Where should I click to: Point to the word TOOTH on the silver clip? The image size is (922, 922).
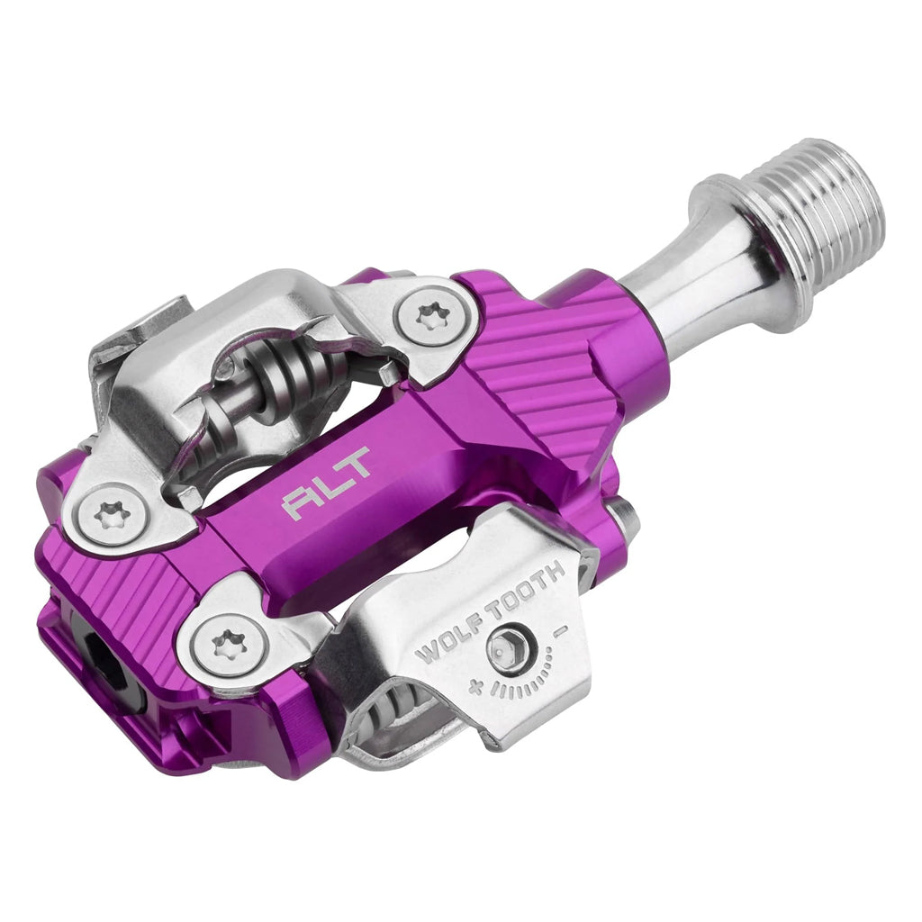[x=527, y=589]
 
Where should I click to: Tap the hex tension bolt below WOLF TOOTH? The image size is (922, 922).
[x=502, y=650]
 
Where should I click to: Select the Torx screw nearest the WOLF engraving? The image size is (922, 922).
[x=222, y=644]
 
